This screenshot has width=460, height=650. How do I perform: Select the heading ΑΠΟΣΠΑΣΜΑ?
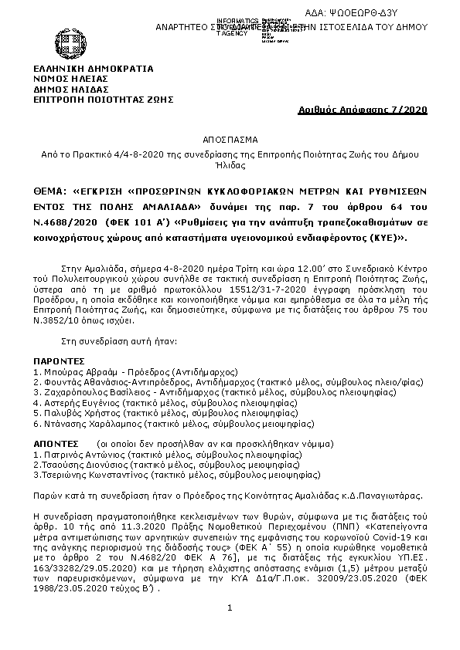click(230, 142)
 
